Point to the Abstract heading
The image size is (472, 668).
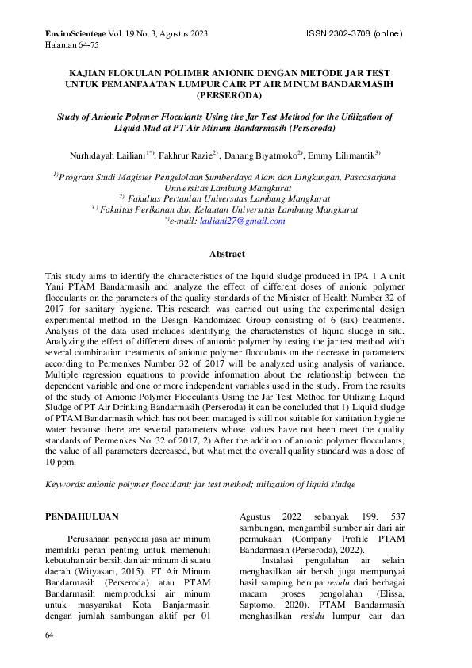click(226, 254)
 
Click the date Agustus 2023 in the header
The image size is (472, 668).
click(182, 34)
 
